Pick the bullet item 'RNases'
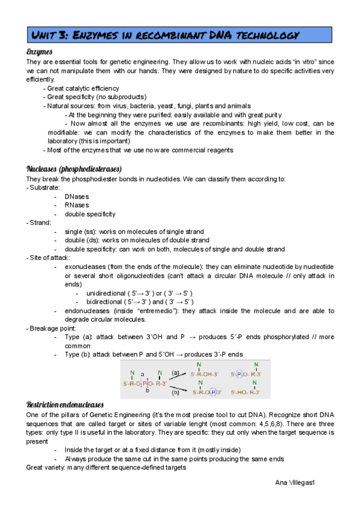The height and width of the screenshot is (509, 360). tap(76, 205)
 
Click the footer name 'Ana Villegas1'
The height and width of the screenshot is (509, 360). tap(299, 483)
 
